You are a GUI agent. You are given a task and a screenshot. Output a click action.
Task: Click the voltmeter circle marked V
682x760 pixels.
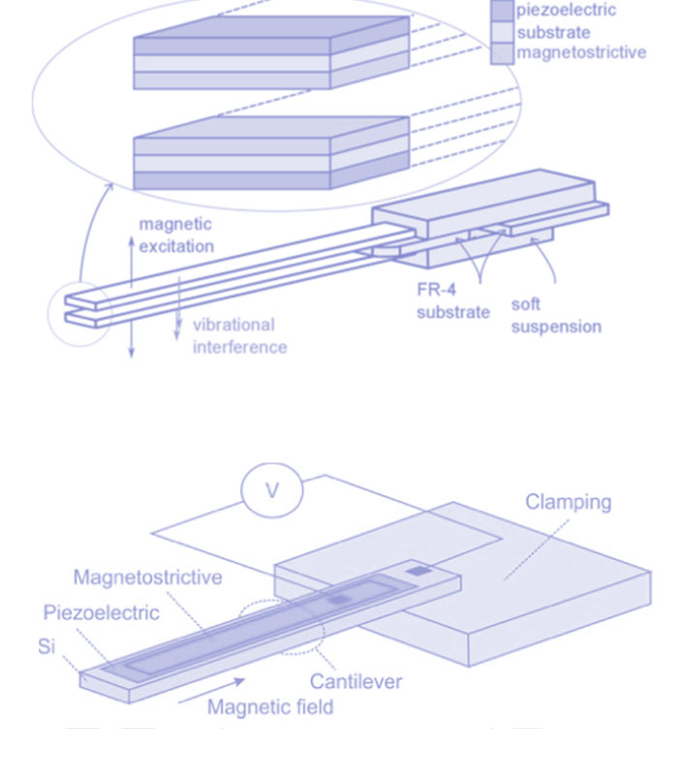pyautogui.click(x=271, y=491)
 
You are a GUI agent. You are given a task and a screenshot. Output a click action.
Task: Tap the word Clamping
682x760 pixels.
pyautogui.click(x=569, y=502)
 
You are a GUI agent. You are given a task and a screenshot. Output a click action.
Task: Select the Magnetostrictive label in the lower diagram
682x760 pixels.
pyautogui.click(x=147, y=578)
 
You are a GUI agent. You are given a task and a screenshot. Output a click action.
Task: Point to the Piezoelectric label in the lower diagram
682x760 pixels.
pyautogui.click(x=101, y=613)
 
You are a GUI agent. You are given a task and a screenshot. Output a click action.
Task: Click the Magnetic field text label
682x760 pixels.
pyautogui.click(x=270, y=707)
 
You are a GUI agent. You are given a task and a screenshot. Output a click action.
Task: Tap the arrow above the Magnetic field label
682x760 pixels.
pyautogui.click(x=237, y=683)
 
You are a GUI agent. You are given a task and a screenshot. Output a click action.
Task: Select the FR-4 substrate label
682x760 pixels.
pyautogui.click(x=452, y=301)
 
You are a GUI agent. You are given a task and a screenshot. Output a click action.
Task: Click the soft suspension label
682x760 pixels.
pyautogui.click(x=556, y=315)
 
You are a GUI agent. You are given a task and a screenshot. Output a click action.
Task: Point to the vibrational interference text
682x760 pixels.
pyautogui.click(x=239, y=335)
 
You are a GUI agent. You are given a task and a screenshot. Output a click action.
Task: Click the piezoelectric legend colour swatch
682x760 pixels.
pyautogui.click(x=502, y=11)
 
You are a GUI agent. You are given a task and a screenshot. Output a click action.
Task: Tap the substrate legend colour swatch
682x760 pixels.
pyautogui.click(x=502, y=32)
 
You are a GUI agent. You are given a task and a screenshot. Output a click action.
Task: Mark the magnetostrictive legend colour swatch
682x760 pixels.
pyautogui.click(x=502, y=52)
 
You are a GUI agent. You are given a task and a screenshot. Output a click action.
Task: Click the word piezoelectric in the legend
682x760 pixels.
pyautogui.click(x=565, y=11)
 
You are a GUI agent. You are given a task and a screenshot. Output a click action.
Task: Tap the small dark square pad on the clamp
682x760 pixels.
pyautogui.click(x=417, y=574)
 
